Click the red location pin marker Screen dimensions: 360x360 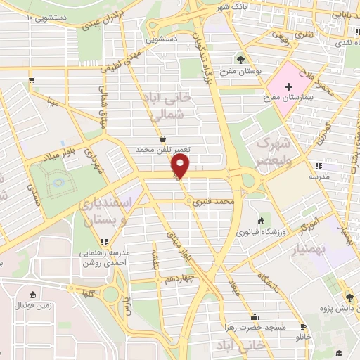pos(181,166)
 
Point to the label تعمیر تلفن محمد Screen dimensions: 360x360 pos(163,150)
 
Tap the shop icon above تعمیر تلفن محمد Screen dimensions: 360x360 pos(163,139)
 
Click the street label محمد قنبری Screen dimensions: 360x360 pos(216,202)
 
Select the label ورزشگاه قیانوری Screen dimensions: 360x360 pos(262,232)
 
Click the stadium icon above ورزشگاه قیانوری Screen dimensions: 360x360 pos(262,221)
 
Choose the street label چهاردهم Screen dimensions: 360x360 pos(180,278)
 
